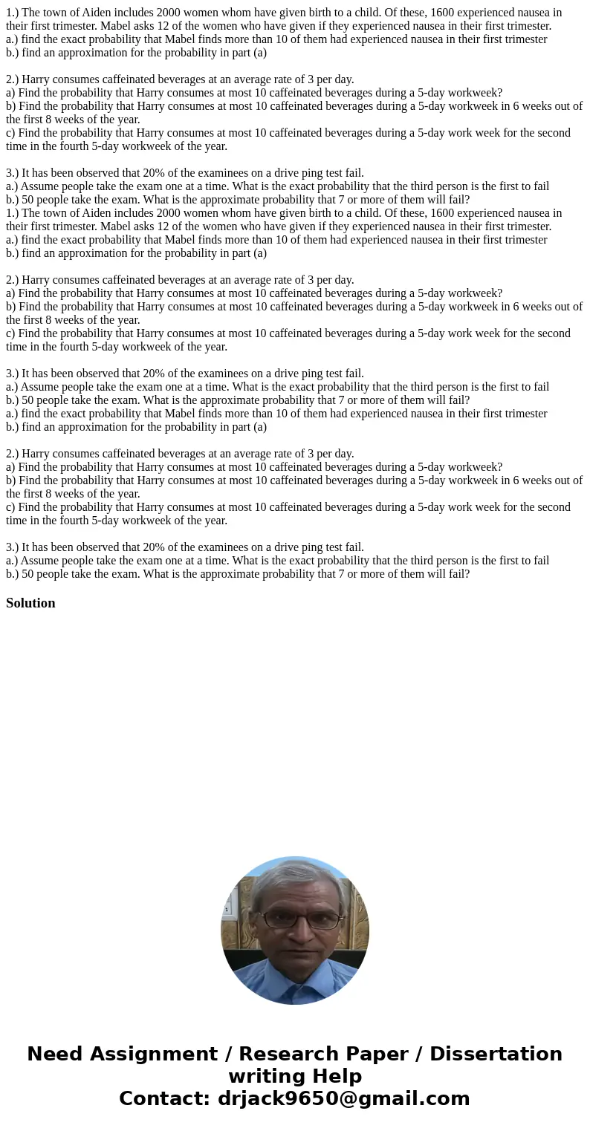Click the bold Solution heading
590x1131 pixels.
coord(30,603)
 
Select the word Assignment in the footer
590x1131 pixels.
coord(153,1055)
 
